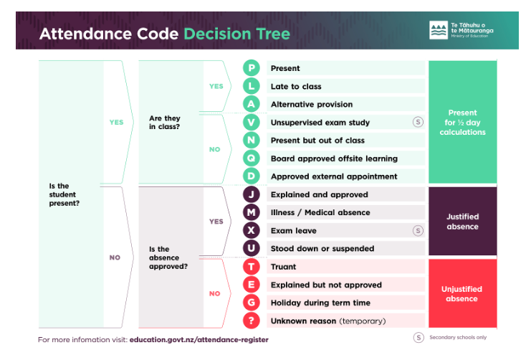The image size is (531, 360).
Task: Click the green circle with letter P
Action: [252, 68]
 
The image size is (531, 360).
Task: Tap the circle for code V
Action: [252, 122]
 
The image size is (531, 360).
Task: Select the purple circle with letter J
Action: [252, 194]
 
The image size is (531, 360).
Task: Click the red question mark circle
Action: [252, 321]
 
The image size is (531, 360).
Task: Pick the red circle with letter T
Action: [252, 267]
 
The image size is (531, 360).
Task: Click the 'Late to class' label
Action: [296, 87]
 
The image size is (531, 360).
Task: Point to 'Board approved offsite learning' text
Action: [334, 158]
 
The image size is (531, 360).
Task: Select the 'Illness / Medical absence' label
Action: [320, 212]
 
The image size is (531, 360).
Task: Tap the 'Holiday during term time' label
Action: [320, 303]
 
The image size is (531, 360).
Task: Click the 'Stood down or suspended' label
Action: [322, 248]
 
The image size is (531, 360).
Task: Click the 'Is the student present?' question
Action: [64, 194]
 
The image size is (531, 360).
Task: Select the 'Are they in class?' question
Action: [165, 123]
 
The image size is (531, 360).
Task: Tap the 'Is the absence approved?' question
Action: [168, 257]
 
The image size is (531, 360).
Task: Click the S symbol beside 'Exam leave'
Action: [418, 230]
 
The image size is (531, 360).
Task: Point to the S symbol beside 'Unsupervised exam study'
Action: [418, 122]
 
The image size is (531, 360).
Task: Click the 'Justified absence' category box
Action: [463, 221]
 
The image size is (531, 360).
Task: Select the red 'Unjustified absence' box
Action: [463, 293]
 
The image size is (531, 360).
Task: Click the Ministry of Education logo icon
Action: [439, 30]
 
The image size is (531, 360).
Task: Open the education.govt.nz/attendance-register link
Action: [198, 340]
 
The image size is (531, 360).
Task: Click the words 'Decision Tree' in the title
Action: [236, 34]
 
